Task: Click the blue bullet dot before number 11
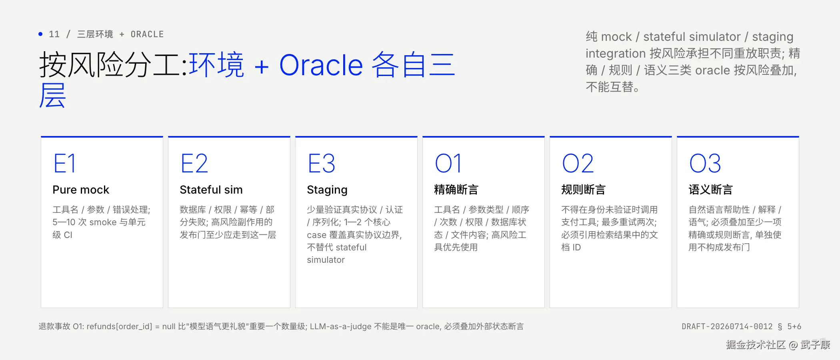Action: point(40,34)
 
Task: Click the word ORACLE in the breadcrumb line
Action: point(147,34)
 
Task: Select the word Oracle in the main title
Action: point(321,65)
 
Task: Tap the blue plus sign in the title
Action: point(262,66)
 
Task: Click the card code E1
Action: point(64,163)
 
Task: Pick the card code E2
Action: point(194,163)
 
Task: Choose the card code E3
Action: point(322,163)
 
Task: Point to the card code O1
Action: point(448,163)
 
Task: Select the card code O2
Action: point(578,163)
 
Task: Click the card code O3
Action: point(705,163)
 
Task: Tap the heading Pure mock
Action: point(81,190)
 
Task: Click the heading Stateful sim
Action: point(211,190)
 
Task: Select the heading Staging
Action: point(327,190)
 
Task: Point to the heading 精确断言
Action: point(456,190)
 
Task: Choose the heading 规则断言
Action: point(583,190)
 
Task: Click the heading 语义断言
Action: point(710,190)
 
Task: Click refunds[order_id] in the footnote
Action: point(119,327)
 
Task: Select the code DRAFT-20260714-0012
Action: point(727,326)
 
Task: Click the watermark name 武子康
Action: point(815,345)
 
